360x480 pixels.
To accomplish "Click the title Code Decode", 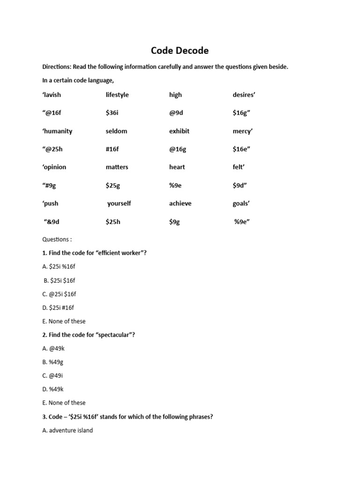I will pyautogui.click(x=180, y=50).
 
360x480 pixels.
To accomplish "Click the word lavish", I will pyautogui.click(x=52, y=95).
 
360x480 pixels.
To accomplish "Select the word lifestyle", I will pyautogui.click(x=117, y=95).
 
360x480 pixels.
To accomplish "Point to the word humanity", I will pyautogui.click(x=57, y=131).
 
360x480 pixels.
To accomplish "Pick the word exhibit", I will pyautogui.click(x=179, y=131).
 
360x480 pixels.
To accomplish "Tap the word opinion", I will pyautogui.click(x=54, y=167).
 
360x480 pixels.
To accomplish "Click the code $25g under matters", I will pyautogui.click(x=113, y=185).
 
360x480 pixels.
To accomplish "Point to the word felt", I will pyautogui.click(x=239, y=167).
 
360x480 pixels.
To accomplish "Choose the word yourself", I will pyautogui.click(x=119, y=203).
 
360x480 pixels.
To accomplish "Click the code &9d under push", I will pyautogui.click(x=52, y=222).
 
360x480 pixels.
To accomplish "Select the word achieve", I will pyautogui.click(x=180, y=203).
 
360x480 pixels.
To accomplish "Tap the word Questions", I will pyautogui.click(x=57, y=239).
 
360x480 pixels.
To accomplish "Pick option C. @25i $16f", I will pyautogui.click(x=59, y=294).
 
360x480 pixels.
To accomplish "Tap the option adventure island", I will pyautogui.click(x=67, y=430).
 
